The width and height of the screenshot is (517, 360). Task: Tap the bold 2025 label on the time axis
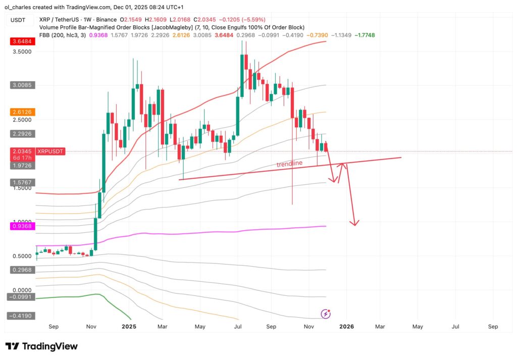click(130, 327)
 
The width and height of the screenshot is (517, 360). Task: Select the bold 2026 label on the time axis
click(346, 327)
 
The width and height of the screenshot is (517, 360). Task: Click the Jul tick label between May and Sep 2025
click(237, 327)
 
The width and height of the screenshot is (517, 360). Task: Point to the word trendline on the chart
click(289, 164)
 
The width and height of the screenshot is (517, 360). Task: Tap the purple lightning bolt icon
click(326, 314)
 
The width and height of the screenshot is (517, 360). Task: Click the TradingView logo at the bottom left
click(42, 346)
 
